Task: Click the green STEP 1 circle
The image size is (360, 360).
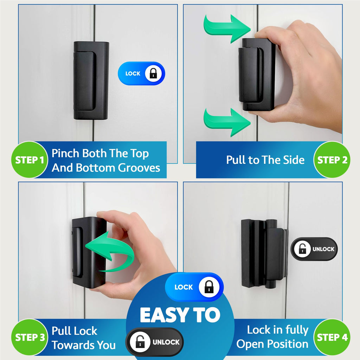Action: click(30, 160)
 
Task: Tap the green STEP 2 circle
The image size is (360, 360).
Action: click(332, 160)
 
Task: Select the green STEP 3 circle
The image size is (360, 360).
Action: click(30, 337)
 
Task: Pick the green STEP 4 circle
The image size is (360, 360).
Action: click(332, 337)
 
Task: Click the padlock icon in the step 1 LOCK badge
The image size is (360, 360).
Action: click(153, 73)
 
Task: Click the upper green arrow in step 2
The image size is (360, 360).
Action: click(227, 28)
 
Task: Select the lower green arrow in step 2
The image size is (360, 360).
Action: click(227, 122)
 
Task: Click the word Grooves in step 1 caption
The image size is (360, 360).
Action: click(139, 168)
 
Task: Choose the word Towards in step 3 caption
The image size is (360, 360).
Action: click(73, 345)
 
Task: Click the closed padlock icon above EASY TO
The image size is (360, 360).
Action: click(209, 287)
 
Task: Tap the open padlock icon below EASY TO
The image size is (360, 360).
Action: click(140, 342)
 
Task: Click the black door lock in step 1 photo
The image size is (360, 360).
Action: click(91, 81)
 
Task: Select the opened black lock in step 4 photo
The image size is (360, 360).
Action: click(264, 253)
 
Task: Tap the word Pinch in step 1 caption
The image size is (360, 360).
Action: click(66, 153)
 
